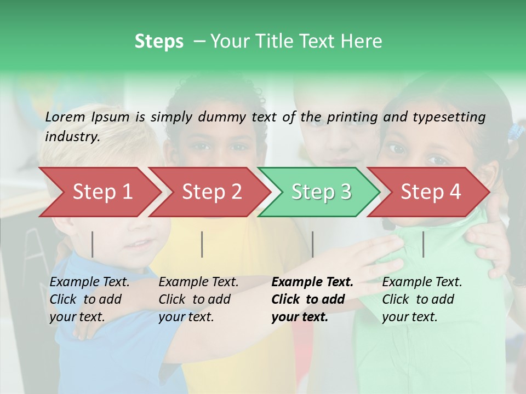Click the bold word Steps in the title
pos(159,42)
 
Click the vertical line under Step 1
pos(93,244)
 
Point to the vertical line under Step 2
pos(202,244)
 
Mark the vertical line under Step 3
pos(312,244)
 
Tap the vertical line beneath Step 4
pos(423,244)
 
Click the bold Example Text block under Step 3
pos(312,299)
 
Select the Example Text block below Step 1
pos(89,299)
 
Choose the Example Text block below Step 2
pos(198,299)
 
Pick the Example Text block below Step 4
pos(422,299)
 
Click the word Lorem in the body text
pos(65,117)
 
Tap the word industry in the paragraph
pos(72,137)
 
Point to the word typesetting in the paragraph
pos(449,117)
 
